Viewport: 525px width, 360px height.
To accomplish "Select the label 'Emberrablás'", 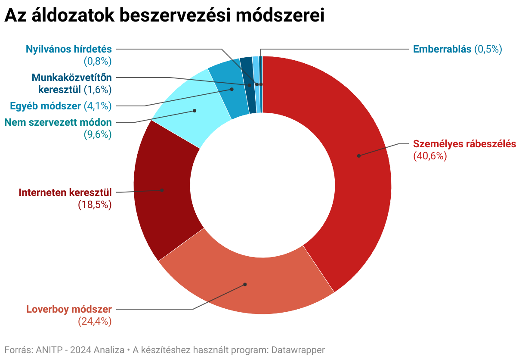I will pyautogui.click(x=442, y=49).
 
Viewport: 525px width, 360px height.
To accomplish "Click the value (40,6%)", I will pyautogui.click(x=430, y=156).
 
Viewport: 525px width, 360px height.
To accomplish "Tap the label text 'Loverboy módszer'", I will pyautogui.click(x=69, y=309).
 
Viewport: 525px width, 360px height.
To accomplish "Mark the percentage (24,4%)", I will pyautogui.click(x=95, y=321).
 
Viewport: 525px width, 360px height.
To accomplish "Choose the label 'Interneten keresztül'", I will pyautogui.click(x=65, y=192).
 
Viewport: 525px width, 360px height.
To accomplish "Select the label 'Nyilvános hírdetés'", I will pyautogui.click(x=69, y=49).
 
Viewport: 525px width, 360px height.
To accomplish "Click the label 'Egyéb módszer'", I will pyautogui.click(x=45, y=106).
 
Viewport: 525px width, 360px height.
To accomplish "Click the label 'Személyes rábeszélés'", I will pyautogui.click(x=464, y=144).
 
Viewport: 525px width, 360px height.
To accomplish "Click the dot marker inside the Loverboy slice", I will pyautogui.click(x=245, y=284).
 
